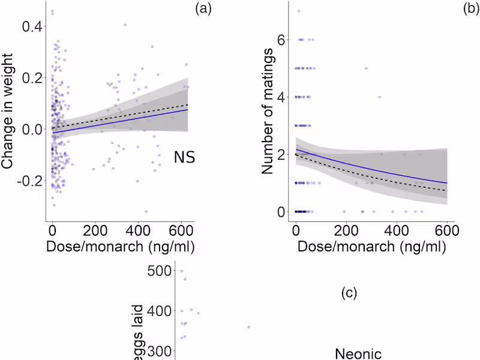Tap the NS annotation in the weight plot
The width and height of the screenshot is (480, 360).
(x=185, y=158)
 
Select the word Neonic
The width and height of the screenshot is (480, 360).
(x=358, y=353)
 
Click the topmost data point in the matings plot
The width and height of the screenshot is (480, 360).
(x=298, y=11)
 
